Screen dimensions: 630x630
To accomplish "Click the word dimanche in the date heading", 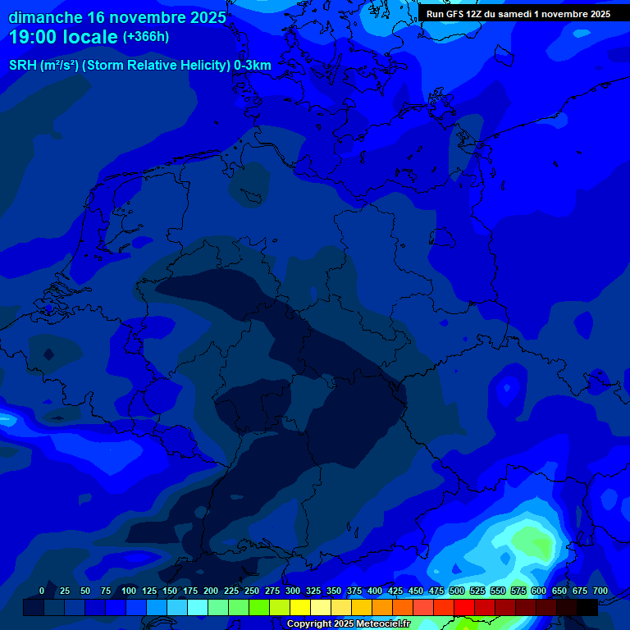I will (46, 17).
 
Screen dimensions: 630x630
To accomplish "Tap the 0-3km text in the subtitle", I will (253, 65).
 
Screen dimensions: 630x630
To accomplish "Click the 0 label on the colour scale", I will (42, 591).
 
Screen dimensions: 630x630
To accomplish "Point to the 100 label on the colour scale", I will (129, 591).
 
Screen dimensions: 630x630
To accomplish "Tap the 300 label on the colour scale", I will (293, 591).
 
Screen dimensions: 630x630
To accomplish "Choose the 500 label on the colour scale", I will (457, 591).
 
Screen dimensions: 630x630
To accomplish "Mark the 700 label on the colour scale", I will (600, 591).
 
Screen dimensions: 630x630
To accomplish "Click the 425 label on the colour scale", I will (395, 591).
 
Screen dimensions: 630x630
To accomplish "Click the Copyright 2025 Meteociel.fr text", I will (348, 624).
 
